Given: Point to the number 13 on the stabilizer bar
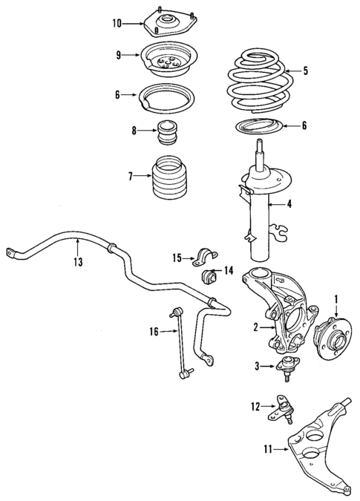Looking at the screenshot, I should pyautogui.click(x=78, y=261).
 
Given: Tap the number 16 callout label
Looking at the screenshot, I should pyautogui.click(x=154, y=332).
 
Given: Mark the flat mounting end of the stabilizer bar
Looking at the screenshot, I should pyautogui.click(x=13, y=253).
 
